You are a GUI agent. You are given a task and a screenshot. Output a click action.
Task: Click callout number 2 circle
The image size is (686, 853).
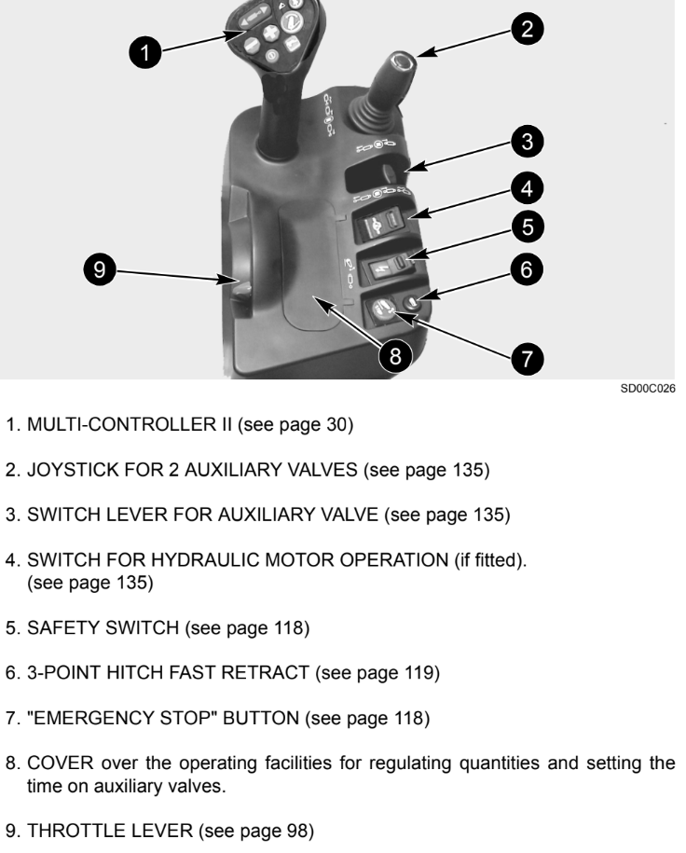tap(528, 29)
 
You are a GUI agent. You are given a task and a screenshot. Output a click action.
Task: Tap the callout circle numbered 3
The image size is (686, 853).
tap(527, 142)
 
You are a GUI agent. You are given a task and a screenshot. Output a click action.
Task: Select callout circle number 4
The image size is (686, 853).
tap(527, 188)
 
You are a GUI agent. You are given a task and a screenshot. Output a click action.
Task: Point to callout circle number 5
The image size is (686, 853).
tap(527, 225)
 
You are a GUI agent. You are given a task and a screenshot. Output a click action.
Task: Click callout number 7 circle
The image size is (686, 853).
tap(527, 357)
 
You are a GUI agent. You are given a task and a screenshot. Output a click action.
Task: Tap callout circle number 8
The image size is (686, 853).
tap(402, 357)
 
